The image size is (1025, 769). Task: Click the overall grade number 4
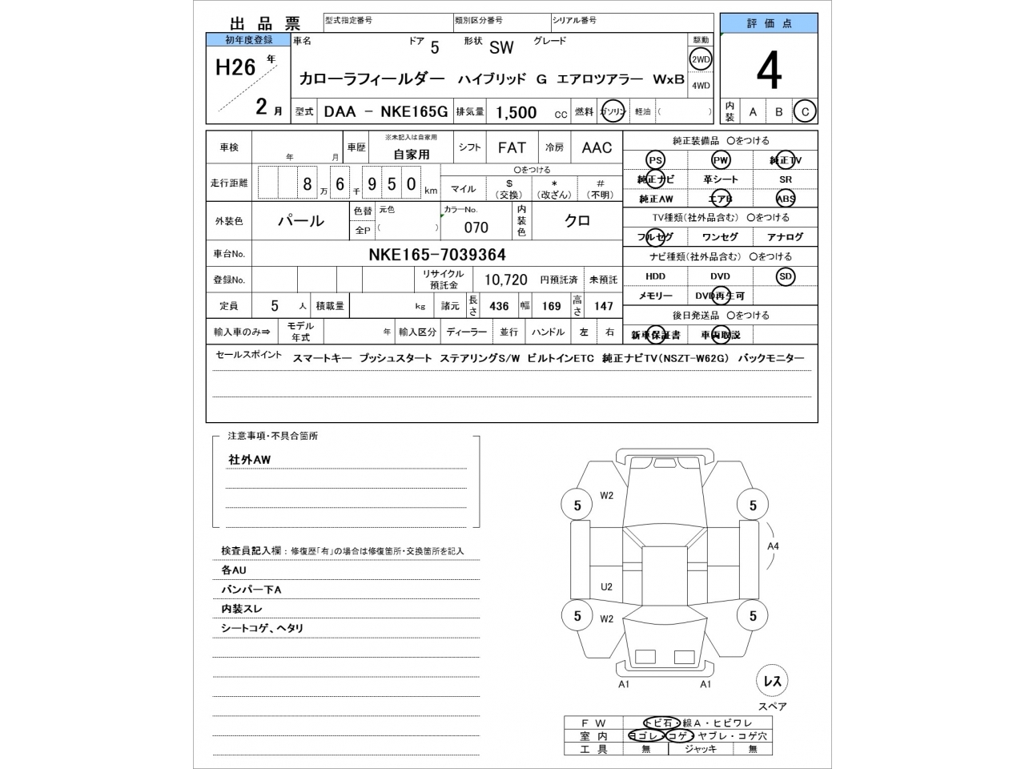click(768, 72)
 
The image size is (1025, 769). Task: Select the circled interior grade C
click(805, 112)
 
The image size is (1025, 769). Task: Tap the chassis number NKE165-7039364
click(436, 255)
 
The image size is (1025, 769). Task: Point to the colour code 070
click(476, 227)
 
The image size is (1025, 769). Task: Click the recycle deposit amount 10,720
click(505, 280)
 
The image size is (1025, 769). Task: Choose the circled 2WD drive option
click(701, 59)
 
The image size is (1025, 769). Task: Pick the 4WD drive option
click(701, 86)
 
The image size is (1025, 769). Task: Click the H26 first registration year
click(235, 68)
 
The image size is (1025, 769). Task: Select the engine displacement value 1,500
click(517, 112)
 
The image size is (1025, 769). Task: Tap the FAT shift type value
click(512, 147)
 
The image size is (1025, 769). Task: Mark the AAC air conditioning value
click(597, 147)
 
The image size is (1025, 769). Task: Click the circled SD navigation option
click(785, 276)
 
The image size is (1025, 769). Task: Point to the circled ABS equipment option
click(785, 199)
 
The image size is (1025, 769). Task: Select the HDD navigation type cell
click(655, 276)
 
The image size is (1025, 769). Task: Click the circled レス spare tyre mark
click(772, 682)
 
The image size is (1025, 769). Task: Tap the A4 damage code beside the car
click(773, 546)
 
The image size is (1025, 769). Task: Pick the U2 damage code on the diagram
click(606, 587)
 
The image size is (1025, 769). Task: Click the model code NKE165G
click(414, 112)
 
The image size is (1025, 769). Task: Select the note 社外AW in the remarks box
click(250, 460)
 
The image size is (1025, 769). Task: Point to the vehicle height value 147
click(603, 306)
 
